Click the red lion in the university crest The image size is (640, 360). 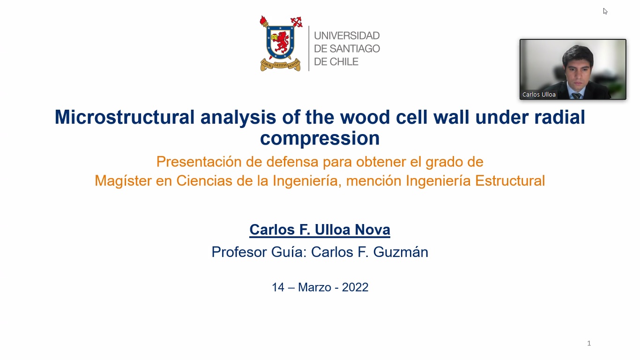(281, 42)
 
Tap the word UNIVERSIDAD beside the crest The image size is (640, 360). (347, 36)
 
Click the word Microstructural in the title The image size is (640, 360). (125, 117)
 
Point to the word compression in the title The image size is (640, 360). (320, 138)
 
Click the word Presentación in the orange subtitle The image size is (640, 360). (199, 162)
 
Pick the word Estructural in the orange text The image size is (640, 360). (510, 181)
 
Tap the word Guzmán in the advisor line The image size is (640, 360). (401, 252)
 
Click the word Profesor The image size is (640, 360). (239, 252)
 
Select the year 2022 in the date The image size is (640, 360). (355, 287)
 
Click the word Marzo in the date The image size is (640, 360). (314, 287)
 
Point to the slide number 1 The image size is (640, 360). (589, 343)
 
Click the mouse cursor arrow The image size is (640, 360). (605, 11)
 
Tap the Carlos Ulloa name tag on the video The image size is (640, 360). (539, 94)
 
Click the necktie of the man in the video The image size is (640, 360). (576, 96)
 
